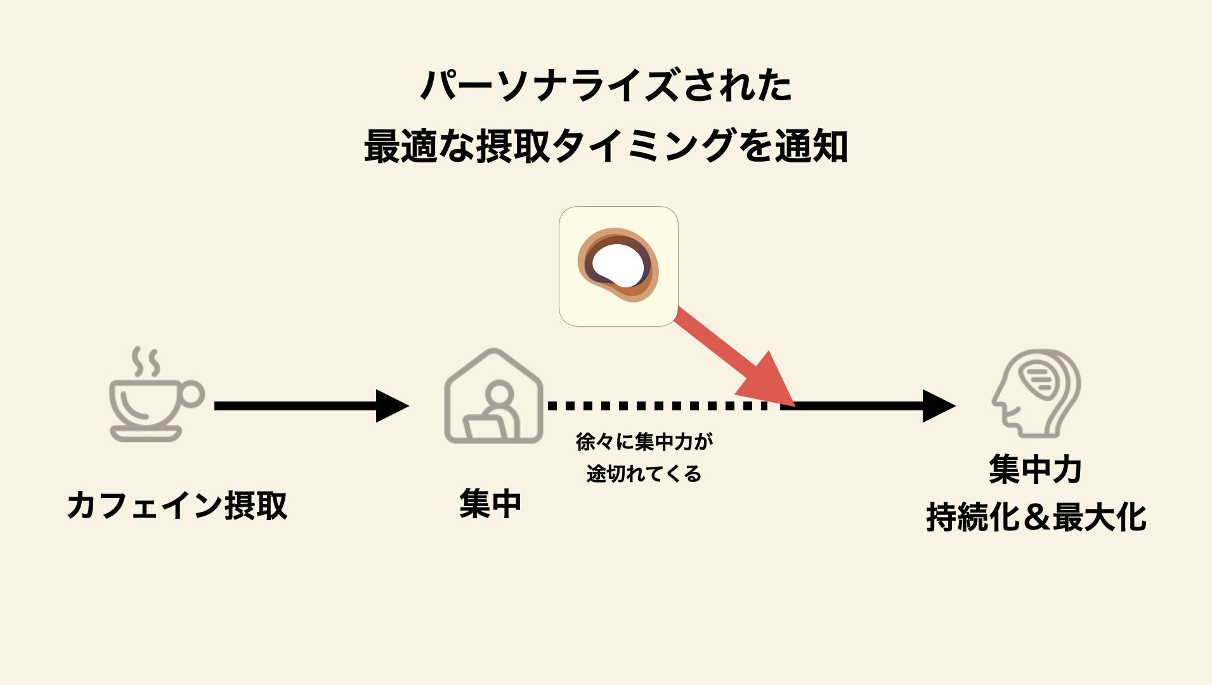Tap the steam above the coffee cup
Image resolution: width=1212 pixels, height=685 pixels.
[x=145, y=362]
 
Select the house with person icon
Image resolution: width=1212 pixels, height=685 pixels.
[x=493, y=396]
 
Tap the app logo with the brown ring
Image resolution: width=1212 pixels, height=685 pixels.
[x=618, y=266]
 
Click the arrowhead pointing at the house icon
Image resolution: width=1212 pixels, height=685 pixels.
[x=391, y=406]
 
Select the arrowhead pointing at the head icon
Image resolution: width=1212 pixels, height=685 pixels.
[x=938, y=406]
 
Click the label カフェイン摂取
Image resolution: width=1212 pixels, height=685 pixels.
[x=177, y=506]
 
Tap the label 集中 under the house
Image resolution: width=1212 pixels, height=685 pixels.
[x=490, y=504]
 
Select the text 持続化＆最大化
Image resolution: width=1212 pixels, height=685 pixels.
[x=1036, y=517]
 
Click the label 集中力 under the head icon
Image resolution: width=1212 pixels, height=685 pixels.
[x=1036, y=470]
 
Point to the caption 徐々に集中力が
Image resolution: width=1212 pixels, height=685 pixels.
[x=644, y=441]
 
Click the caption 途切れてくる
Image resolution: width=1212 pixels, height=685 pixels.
[x=644, y=474]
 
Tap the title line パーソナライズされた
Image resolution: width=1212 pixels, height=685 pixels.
[x=606, y=86]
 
